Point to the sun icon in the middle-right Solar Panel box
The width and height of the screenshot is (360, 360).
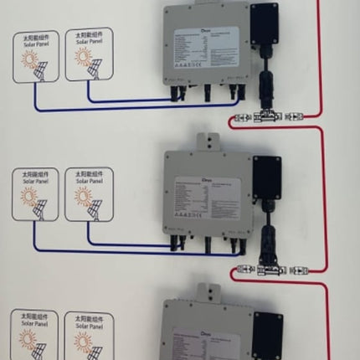point(82,197)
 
